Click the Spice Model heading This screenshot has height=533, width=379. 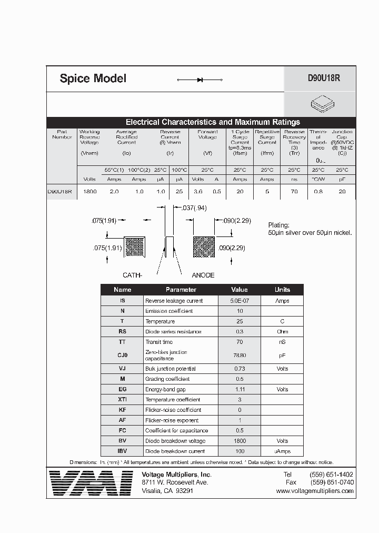(93, 79)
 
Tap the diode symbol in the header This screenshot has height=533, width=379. (200, 80)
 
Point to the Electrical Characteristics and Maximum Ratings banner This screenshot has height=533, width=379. (213, 122)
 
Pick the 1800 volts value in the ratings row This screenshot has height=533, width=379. (90, 192)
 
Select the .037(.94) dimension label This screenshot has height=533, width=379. (194, 208)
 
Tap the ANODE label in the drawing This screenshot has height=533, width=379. (203, 275)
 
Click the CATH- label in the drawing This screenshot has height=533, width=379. (133, 275)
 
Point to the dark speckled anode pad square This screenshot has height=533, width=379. (203, 246)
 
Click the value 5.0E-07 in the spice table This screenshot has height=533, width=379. (240, 301)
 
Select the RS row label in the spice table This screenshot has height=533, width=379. (122, 332)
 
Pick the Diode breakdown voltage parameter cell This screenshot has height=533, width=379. (175, 441)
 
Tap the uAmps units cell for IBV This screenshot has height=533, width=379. (282, 451)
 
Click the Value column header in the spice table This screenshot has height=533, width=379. (240, 290)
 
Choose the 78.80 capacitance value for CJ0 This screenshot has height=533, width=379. (240, 356)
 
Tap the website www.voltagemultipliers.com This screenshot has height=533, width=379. (314, 491)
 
